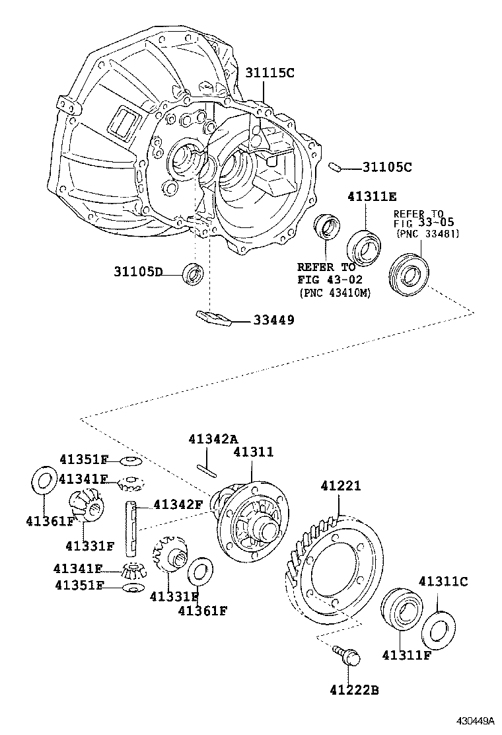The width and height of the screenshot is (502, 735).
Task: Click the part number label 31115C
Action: (270, 73)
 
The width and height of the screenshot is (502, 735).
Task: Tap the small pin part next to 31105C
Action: (335, 167)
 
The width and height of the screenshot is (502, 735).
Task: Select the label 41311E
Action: (373, 196)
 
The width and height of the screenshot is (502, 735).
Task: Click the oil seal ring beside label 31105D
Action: (194, 273)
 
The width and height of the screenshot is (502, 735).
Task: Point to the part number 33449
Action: (273, 320)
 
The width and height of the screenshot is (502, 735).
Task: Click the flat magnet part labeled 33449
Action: (212, 318)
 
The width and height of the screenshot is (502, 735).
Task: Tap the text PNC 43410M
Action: (334, 292)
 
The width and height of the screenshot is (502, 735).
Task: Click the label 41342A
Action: (212, 439)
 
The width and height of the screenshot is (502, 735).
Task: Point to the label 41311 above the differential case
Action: (253, 451)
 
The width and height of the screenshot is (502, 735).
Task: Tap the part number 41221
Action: (341, 486)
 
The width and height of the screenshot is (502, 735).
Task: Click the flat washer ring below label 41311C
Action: (436, 629)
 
